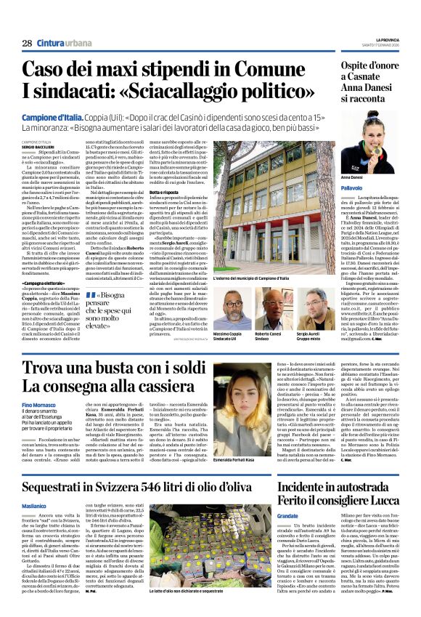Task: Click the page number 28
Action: (x=27, y=44)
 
